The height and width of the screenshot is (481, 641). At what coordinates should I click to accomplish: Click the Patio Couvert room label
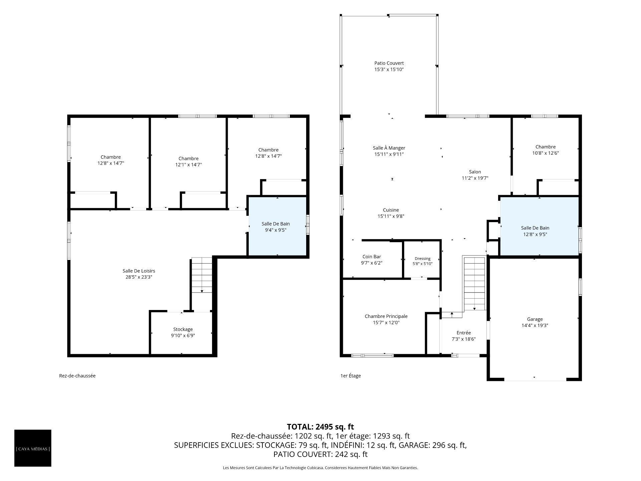tap(389, 63)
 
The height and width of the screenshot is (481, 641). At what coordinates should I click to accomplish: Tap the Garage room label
tap(535, 319)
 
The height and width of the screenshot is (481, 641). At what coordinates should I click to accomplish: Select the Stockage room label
tap(183, 329)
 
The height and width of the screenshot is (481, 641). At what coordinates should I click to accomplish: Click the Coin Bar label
tap(372, 257)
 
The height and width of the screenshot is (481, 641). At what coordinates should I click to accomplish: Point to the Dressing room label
tap(423, 259)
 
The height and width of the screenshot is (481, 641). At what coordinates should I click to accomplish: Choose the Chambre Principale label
tap(386, 316)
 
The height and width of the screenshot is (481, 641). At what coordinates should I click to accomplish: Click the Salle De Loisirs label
tap(139, 271)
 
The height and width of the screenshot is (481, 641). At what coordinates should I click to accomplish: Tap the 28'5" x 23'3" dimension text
tap(139, 277)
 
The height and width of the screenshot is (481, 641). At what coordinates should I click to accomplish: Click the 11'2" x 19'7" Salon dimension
tap(475, 178)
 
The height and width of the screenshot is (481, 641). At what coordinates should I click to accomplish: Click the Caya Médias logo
tap(33, 448)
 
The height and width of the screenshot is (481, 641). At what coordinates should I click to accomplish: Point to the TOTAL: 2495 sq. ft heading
tap(320, 427)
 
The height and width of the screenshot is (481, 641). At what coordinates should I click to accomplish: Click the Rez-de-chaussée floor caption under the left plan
tap(77, 376)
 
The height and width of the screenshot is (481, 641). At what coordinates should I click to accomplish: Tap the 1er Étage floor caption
tap(351, 376)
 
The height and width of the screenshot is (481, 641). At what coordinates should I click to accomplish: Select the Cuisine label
tap(391, 210)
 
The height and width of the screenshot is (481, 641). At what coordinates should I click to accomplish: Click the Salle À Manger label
tap(389, 148)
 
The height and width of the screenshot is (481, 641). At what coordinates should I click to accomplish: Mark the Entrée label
tap(463, 333)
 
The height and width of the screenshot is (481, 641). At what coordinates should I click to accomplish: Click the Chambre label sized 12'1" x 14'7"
tap(188, 159)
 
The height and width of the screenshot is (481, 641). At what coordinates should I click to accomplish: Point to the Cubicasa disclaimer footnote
tap(320, 468)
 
